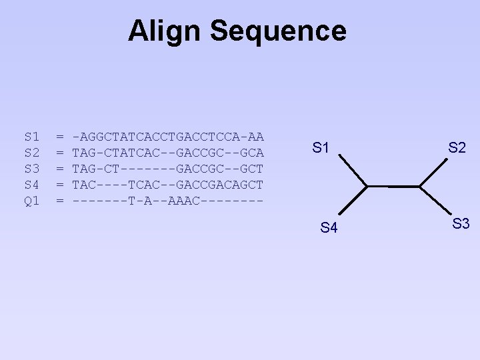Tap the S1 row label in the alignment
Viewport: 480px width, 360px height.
(32, 137)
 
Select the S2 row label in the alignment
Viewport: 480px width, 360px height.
(32, 153)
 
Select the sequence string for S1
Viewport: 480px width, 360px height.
(168, 137)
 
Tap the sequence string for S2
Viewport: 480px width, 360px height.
(168, 153)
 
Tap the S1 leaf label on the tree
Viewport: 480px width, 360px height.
(321, 148)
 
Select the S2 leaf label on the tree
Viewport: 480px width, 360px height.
(457, 148)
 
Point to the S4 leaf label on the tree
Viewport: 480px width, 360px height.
(329, 228)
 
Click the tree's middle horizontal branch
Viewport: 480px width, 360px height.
(393, 185)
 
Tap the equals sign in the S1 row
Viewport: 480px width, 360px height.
(60, 137)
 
